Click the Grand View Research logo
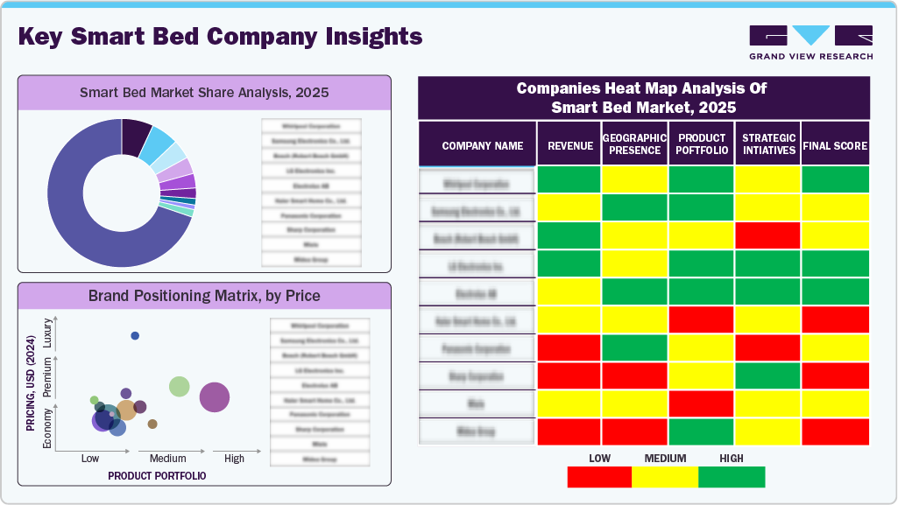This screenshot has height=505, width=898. tap(810, 42)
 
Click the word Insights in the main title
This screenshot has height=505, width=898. tap(369, 37)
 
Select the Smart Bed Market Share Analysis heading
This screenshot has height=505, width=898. tap(204, 92)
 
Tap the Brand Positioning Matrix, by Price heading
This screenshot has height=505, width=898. tap(204, 296)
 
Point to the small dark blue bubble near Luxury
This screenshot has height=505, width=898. tap(135, 336)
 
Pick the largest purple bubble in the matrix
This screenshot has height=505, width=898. tap(215, 397)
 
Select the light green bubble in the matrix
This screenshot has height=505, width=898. tap(180, 386)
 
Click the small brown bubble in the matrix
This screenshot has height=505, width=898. tap(152, 424)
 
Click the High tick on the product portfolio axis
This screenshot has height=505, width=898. tap(234, 459)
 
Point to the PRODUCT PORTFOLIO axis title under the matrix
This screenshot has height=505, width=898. tap(157, 476)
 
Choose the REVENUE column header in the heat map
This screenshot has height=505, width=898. tap(570, 146)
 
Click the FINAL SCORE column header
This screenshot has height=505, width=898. tap(835, 146)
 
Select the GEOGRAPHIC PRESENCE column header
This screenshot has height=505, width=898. tap(635, 144)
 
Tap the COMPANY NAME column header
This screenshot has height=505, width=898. tap(482, 146)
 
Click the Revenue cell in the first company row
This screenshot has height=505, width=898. tap(569, 179)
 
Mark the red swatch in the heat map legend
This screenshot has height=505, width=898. tap(599, 477)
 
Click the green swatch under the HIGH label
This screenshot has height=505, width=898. tap(732, 477)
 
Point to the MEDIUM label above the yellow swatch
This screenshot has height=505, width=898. tap(665, 459)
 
